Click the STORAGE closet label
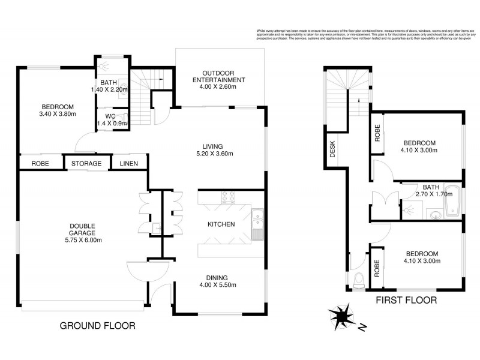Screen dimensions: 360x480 point(86,164)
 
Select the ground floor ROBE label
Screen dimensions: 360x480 point(40,164)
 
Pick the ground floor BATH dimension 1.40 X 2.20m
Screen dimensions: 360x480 point(110,90)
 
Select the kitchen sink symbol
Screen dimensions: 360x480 point(257,223)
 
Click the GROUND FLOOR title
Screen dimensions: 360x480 point(97,326)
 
